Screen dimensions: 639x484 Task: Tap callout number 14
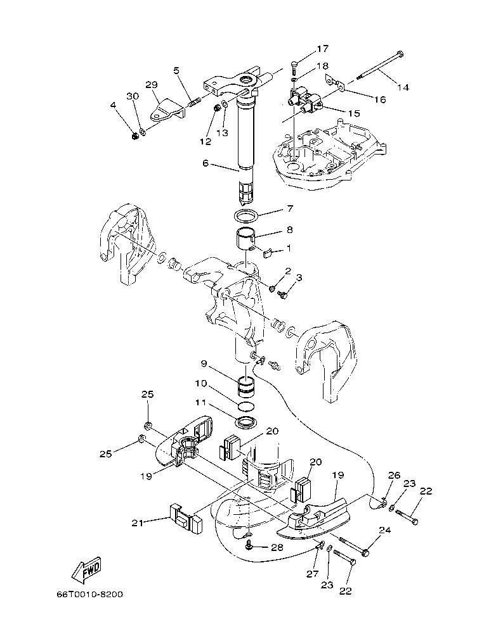click(403, 88)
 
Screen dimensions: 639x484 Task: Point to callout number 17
click(323, 48)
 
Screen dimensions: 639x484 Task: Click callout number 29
click(151, 84)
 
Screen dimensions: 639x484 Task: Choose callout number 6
click(205, 163)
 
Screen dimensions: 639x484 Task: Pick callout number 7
click(289, 208)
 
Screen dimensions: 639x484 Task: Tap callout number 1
click(289, 248)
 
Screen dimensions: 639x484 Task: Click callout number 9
click(204, 364)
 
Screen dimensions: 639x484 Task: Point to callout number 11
click(200, 402)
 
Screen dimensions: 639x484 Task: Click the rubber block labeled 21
click(184, 517)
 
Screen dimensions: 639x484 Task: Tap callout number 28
click(277, 547)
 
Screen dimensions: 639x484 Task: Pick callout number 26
click(394, 475)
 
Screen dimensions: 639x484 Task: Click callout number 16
click(380, 99)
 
